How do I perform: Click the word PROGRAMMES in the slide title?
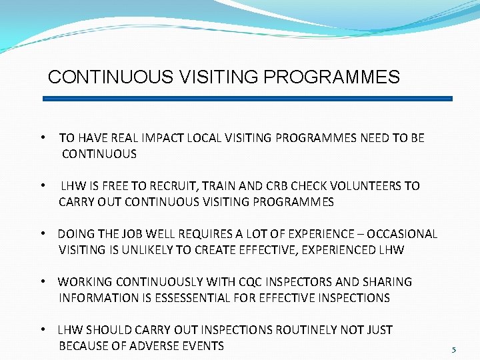click(331, 77)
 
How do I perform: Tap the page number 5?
click(454, 349)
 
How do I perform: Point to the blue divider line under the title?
click(247, 99)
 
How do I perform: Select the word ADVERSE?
click(153, 346)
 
